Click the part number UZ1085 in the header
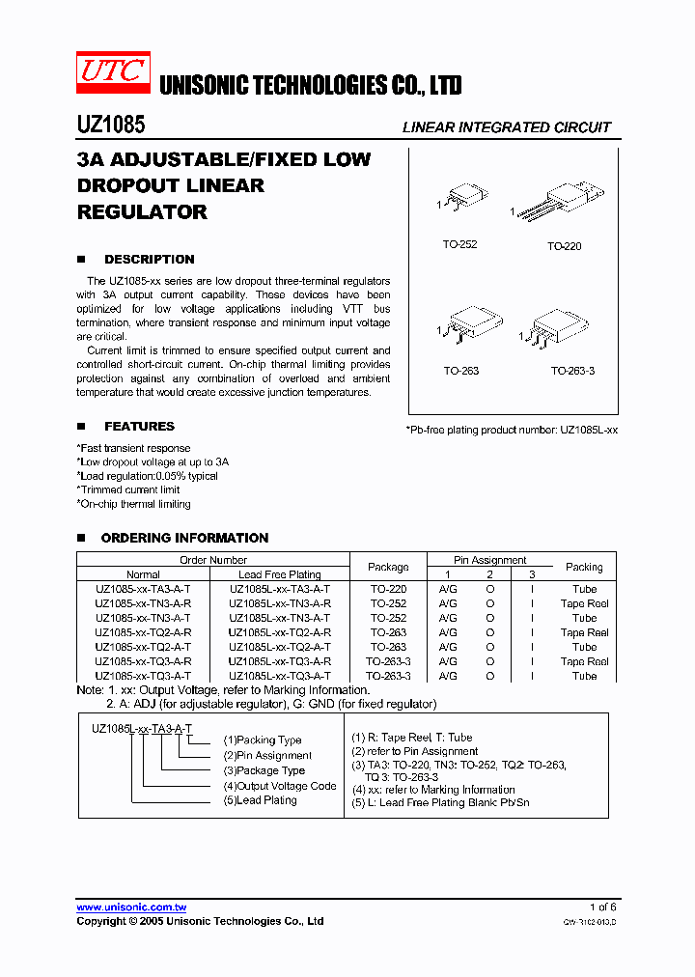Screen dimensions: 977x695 click(110, 126)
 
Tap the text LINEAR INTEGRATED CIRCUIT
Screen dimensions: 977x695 click(506, 127)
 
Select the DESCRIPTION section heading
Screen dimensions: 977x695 click(149, 260)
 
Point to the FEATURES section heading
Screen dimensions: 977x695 click(139, 427)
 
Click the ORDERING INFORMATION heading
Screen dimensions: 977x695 click(184, 538)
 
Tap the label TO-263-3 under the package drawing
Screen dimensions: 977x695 click(572, 371)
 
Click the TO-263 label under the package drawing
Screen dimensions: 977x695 click(460, 371)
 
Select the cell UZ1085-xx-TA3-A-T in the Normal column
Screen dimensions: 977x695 click(143, 589)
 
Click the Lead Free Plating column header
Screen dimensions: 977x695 click(279, 574)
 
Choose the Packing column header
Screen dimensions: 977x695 click(584, 567)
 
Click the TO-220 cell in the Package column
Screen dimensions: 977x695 click(388, 589)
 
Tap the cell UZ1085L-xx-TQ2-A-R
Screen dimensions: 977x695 click(279, 632)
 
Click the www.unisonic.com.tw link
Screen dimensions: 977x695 click(131, 907)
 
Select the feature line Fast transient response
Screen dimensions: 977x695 click(134, 448)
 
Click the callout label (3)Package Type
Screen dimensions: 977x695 click(264, 770)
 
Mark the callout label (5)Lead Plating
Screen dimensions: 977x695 click(261, 800)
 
